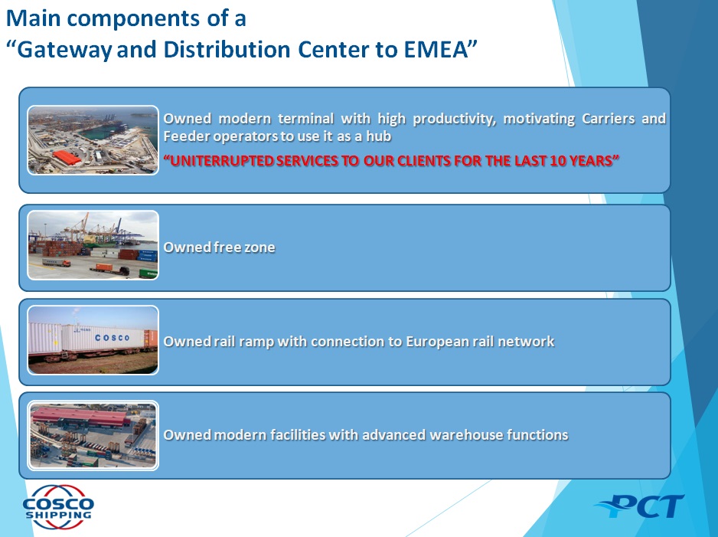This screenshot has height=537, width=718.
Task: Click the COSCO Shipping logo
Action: coord(58,507)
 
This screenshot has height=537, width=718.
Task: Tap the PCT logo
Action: coord(640,506)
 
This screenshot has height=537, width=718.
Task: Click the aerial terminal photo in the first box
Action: coord(93,139)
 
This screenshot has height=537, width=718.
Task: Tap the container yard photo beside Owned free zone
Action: coord(93,244)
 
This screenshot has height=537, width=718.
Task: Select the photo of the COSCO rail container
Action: coord(93,340)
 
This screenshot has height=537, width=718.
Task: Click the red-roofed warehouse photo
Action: coord(93,435)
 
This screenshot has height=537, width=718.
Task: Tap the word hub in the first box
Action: coord(379,136)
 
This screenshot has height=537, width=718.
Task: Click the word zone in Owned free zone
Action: coord(259,247)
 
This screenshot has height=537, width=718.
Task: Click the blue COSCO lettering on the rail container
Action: coord(113,338)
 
